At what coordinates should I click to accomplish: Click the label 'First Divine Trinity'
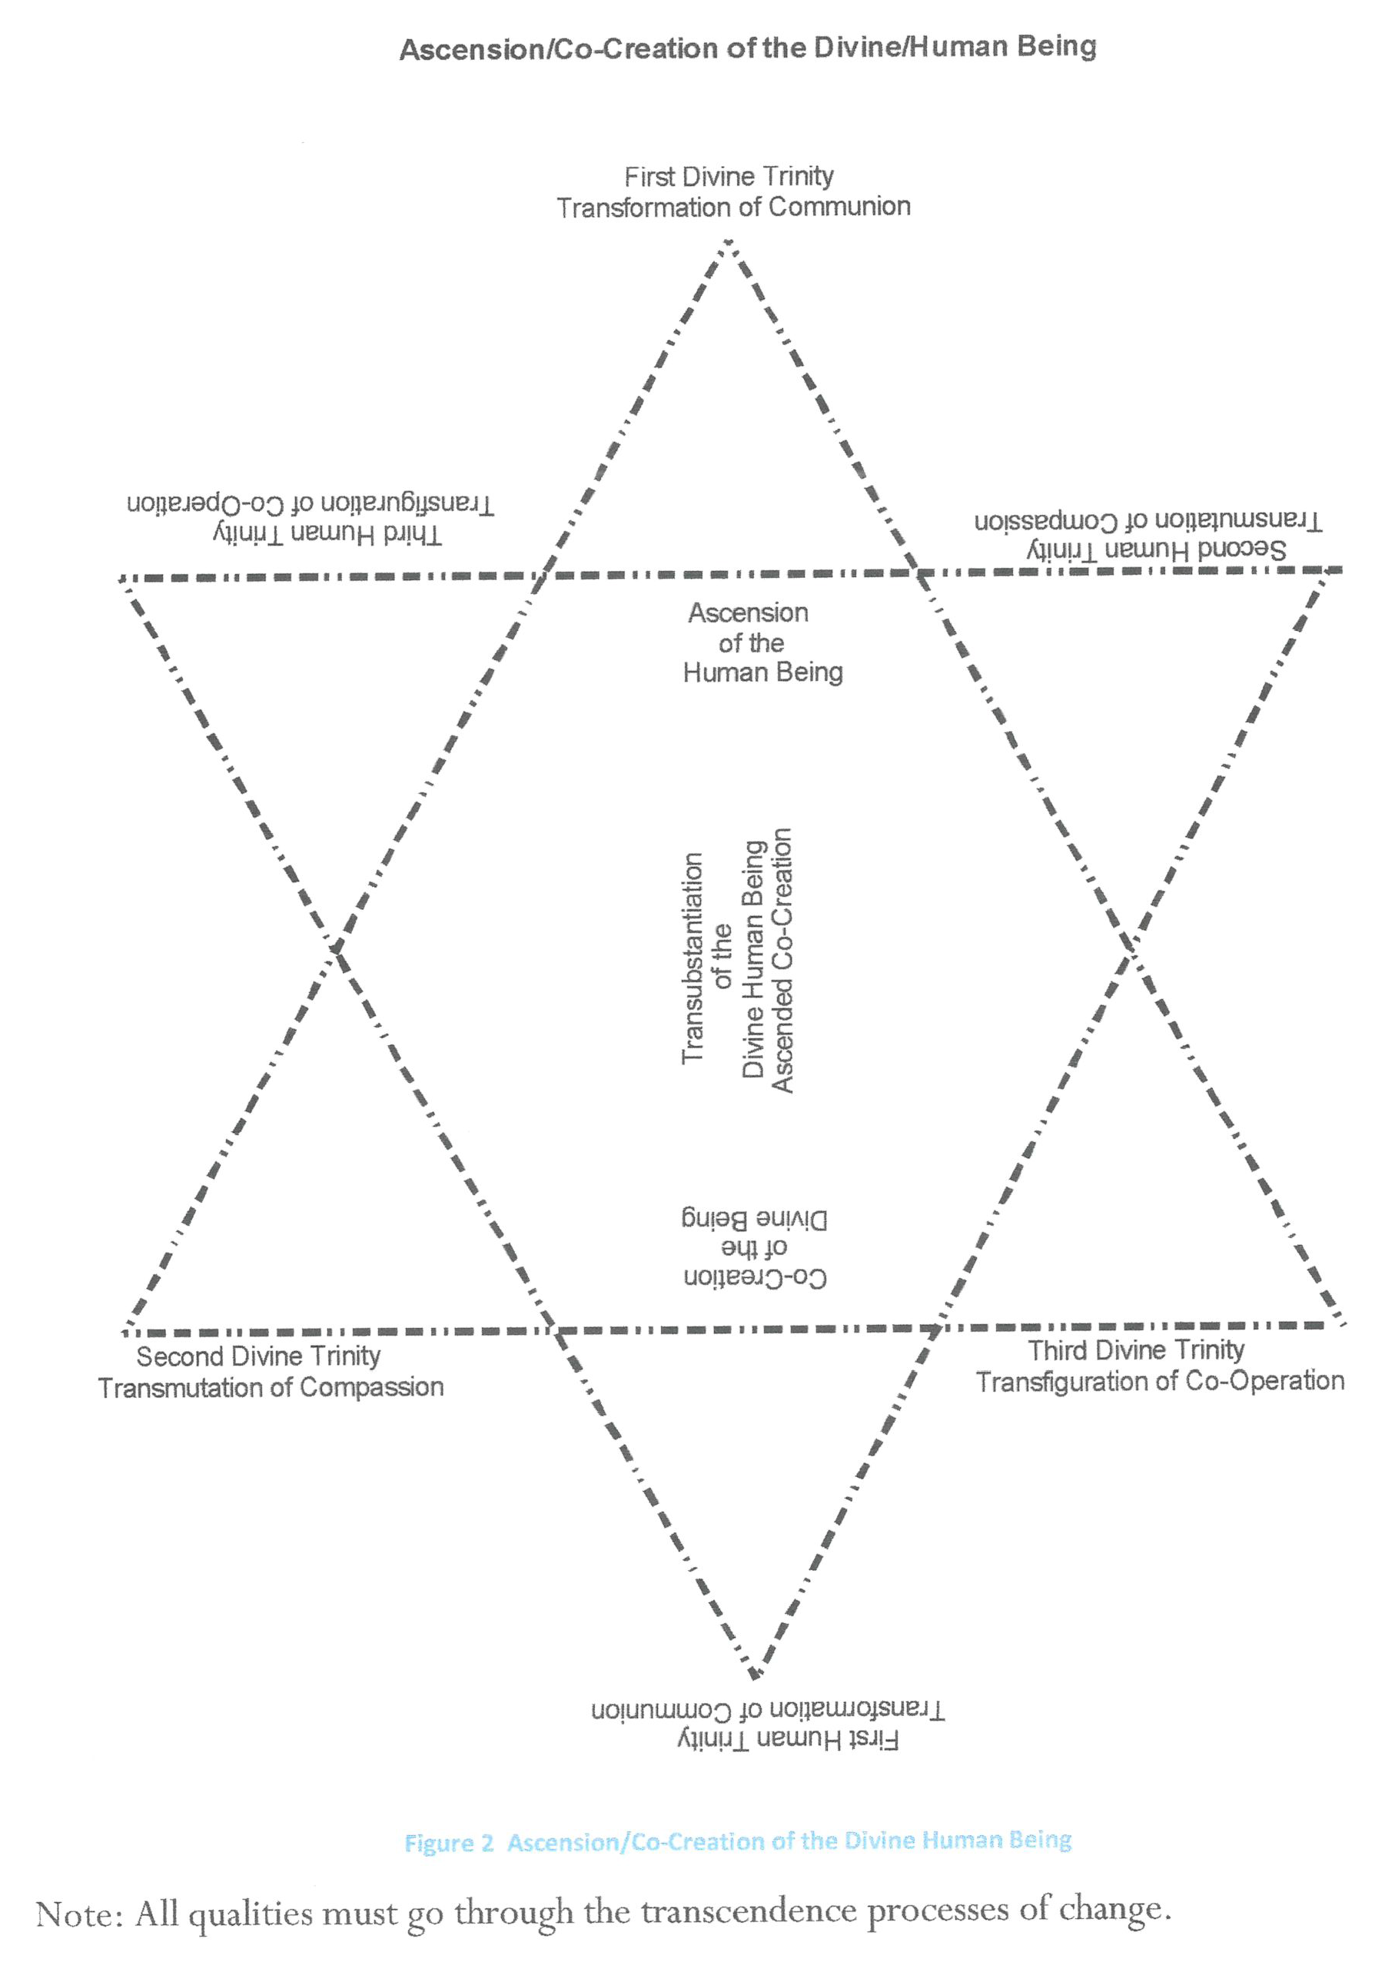tap(729, 177)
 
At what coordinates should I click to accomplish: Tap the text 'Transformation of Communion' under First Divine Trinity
tap(732, 207)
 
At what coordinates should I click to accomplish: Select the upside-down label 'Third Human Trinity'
tap(327, 535)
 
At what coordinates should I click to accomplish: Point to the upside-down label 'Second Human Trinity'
tap(1156, 549)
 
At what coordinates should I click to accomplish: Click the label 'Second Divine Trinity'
tap(257, 1356)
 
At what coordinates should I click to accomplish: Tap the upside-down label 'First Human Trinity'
tap(787, 1739)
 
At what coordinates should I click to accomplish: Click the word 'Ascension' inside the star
tap(748, 613)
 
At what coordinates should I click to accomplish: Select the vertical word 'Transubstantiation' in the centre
tap(693, 958)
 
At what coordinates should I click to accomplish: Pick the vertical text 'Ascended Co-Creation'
tap(782, 960)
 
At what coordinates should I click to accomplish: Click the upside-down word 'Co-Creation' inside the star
tap(755, 1279)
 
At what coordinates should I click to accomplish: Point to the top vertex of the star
tap(728, 244)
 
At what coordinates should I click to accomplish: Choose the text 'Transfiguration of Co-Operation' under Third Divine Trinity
tap(1160, 1382)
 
